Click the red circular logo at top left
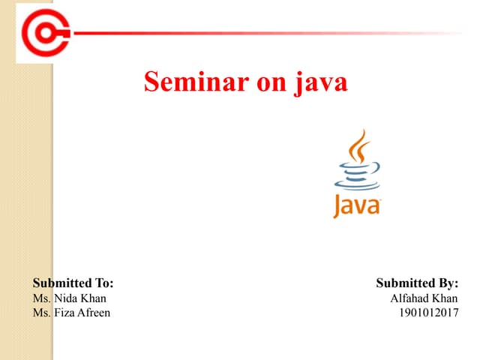click(44, 32)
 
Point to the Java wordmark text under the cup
click(358, 205)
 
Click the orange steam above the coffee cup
click(361, 146)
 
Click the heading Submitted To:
click(73, 283)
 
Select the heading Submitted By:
click(416, 283)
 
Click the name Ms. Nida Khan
click(69, 298)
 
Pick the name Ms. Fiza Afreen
click(71, 312)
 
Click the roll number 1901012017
click(428, 312)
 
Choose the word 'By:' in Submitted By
click(445, 283)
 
